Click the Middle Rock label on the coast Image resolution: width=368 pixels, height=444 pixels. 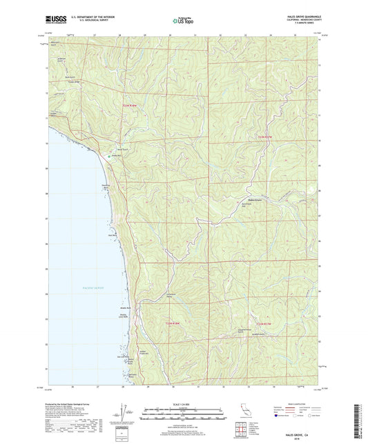pos(126,308)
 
